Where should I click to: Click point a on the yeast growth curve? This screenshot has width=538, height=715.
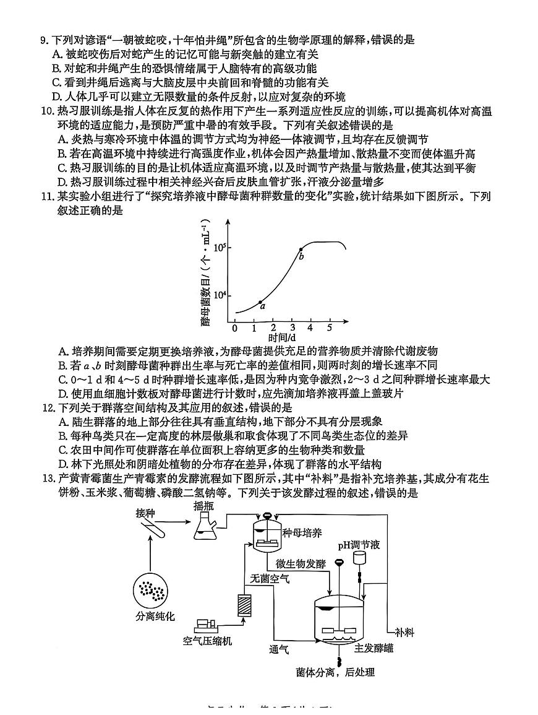260,301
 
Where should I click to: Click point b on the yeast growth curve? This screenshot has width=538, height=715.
301,249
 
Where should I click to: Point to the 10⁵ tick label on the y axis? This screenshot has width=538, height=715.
220,248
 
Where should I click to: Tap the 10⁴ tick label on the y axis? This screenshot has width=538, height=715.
220,295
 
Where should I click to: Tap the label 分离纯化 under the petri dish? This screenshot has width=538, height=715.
155,616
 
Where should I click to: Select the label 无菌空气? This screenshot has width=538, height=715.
270,578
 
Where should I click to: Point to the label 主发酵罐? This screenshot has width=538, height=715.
374,648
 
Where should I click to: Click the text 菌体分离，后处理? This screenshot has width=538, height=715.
336,672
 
